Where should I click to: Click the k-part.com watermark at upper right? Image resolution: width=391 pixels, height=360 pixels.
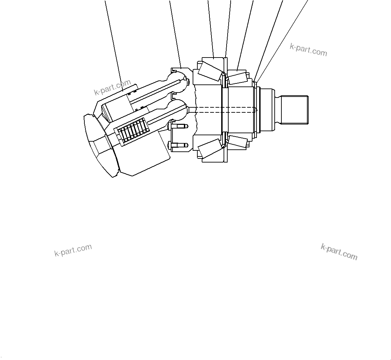pyautogui.click(x=308, y=50)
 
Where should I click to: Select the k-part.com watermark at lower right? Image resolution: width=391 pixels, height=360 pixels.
pyautogui.click(x=339, y=252)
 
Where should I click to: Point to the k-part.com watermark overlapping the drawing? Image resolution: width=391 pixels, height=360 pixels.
pyautogui.click(x=112, y=87)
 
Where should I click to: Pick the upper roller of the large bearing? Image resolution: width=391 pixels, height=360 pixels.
pyautogui.click(x=210, y=72)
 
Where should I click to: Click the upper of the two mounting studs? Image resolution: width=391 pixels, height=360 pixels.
pyautogui.click(x=179, y=126)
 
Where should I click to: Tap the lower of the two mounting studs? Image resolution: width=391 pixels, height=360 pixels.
pyautogui.click(x=179, y=146)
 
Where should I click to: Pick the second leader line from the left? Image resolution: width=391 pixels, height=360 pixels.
pyautogui.click(x=175, y=34)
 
